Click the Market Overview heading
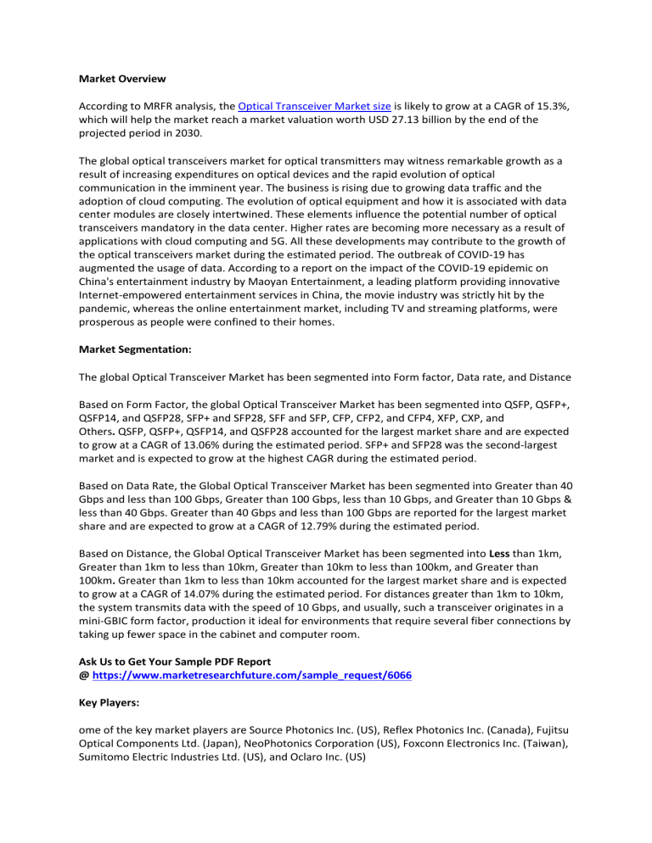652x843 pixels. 121,78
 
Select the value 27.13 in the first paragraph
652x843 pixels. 418,120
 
